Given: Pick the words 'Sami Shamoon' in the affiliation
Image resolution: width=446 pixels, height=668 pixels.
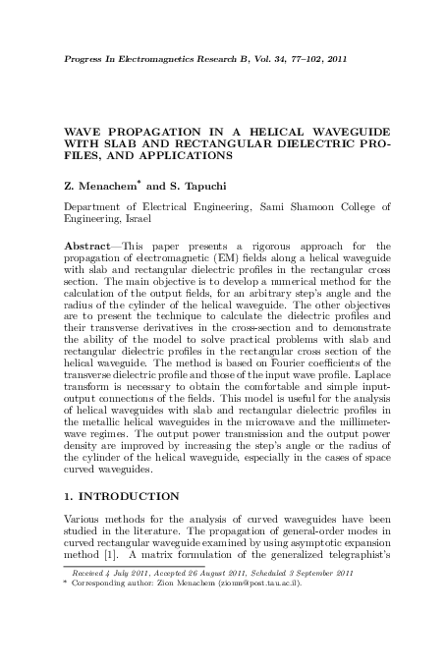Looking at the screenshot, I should click(296, 208).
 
